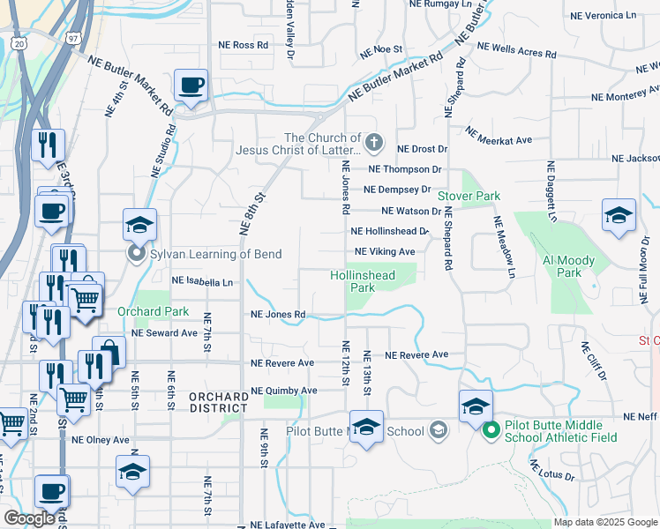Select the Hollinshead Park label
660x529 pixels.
[362, 281]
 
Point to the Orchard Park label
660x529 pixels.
[141, 311]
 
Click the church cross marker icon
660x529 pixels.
[374, 142]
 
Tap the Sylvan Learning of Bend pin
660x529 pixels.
[137, 255]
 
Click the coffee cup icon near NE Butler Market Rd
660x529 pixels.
[191, 86]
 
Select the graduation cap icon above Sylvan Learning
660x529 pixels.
[139, 226]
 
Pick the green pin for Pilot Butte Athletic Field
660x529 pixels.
[491, 431]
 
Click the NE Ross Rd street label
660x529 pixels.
[244, 45]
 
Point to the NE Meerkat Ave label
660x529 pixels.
[499, 138]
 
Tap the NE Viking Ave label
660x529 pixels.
[385, 252]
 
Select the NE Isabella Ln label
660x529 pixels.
[203, 282]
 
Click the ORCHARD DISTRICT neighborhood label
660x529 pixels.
[218, 402]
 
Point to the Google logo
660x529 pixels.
[30, 518]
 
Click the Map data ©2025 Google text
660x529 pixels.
[604, 522]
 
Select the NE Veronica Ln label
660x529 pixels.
[604, 16]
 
